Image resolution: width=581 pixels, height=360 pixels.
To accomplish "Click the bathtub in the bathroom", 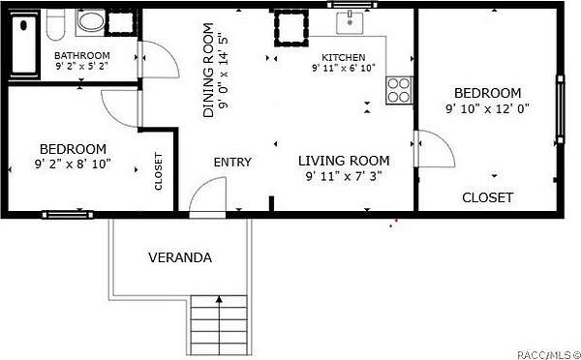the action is click(x=24, y=45).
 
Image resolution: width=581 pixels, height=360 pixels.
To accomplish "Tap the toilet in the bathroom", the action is click(x=55, y=24).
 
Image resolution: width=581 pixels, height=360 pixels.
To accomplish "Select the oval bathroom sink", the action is click(x=91, y=22).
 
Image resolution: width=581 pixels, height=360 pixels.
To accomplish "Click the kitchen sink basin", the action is click(x=350, y=22).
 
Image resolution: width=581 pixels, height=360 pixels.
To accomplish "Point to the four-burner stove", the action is click(x=399, y=90).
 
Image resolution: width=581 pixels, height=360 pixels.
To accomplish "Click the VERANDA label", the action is click(x=180, y=257).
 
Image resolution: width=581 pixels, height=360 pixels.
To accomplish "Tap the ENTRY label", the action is click(x=232, y=163).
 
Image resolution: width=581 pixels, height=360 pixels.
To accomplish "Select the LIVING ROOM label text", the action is click(x=344, y=161).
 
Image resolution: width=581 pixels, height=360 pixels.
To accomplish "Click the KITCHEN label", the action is click(x=343, y=57).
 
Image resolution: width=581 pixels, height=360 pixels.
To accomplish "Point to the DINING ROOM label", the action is click(x=208, y=71).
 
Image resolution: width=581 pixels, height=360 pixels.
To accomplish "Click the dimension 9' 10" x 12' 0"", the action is click(x=488, y=109).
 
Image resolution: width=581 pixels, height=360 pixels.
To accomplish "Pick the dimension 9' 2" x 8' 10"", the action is click(x=73, y=165).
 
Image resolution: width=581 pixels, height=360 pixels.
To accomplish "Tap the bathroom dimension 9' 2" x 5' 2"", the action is click(x=82, y=67).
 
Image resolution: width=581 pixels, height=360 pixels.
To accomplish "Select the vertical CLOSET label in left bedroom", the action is click(x=159, y=171).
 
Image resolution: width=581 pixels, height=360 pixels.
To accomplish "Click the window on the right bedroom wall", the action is click(x=561, y=109).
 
